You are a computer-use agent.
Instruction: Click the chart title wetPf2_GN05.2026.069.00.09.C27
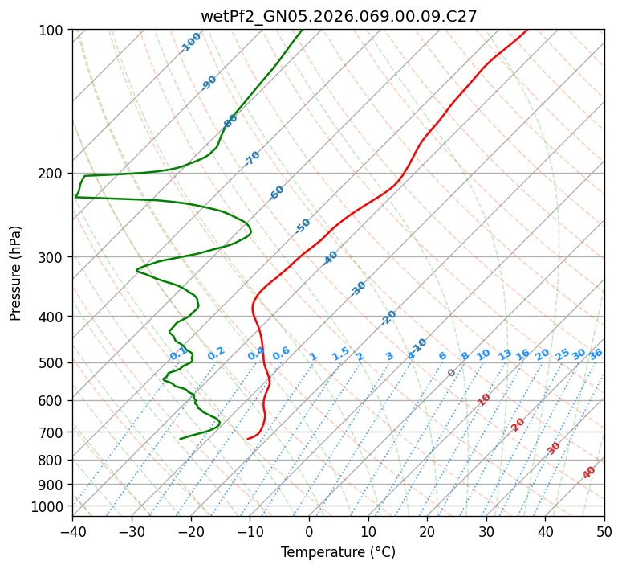coord(339,16)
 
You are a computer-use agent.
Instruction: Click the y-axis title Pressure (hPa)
coord(16,273)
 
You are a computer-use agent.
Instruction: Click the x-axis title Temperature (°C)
coord(339,553)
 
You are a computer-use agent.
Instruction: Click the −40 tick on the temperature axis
coord(72,531)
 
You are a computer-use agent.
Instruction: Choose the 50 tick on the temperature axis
coord(604,531)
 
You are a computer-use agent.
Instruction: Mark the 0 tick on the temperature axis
coord(309,531)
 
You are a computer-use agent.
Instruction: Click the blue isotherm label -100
coord(191,43)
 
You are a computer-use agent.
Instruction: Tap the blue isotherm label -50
coord(303,226)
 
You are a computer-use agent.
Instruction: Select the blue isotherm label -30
coord(358,289)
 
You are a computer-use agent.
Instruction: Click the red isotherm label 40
coord(589,473)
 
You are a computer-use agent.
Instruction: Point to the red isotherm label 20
coord(518,424)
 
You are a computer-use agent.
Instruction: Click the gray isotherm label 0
coord(452,373)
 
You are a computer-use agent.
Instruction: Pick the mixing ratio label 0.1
coord(178,354)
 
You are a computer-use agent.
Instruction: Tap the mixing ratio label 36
coord(596,354)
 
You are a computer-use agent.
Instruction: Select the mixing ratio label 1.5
coord(340,354)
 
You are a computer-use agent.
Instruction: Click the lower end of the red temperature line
coord(248,439)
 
